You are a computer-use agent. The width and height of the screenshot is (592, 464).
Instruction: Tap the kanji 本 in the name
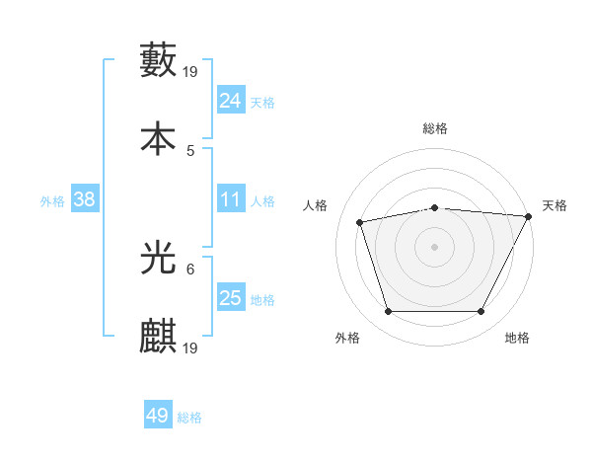tap(159, 137)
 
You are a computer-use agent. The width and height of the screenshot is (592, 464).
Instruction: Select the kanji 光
tap(159, 257)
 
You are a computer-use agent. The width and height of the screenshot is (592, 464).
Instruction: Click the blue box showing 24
tap(231, 101)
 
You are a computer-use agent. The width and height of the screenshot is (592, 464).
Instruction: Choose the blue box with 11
tap(231, 199)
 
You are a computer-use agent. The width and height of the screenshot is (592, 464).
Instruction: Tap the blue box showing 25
tap(231, 298)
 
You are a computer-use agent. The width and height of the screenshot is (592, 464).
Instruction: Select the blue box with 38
tap(85, 199)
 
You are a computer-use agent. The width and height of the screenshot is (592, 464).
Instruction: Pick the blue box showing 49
tap(158, 416)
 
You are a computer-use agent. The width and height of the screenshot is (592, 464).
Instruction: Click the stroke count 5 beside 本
tap(190, 151)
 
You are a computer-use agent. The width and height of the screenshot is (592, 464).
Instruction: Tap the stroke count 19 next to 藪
tap(191, 72)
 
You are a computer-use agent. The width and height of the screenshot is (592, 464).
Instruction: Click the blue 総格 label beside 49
tap(189, 418)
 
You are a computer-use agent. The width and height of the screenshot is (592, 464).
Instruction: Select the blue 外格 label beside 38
tap(52, 200)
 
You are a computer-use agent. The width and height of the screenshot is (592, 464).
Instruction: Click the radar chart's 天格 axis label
tap(555, 205)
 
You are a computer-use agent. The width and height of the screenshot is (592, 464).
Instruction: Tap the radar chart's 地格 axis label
tap(517, 338)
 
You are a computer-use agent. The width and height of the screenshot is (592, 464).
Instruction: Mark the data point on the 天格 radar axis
tap(530, 216)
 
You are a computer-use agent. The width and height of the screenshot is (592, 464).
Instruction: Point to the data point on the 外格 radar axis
tap(388, 312)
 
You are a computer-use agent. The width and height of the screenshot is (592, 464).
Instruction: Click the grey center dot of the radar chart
tap(434, 246)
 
